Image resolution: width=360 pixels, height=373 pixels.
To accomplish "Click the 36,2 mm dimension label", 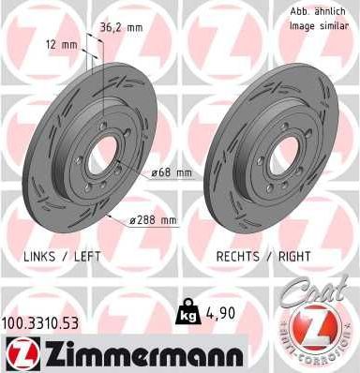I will (x=122, y=28).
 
